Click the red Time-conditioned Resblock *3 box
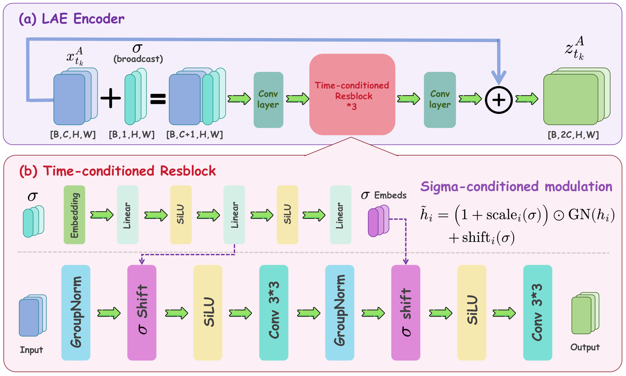(352, 94)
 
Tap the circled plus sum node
(499, 100)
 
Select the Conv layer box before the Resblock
(268, 100)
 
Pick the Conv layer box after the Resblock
(440, 100)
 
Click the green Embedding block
(75, 215)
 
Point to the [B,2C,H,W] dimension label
(573, 135)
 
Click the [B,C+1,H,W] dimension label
(195, 134)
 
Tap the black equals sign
(158, 99)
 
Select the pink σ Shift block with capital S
(142, 312)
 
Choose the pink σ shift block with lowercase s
(406, 312)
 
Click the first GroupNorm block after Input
(76, 312)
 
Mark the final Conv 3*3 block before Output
(538, 312)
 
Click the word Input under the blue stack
(32, 350)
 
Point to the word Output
(585, 347)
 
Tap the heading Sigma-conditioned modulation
(517, 186)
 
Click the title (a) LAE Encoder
(72, 19)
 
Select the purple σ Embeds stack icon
(378, 221)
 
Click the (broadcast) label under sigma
(138, 59)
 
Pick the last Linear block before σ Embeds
(341, 215)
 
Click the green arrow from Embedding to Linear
(102, 215)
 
